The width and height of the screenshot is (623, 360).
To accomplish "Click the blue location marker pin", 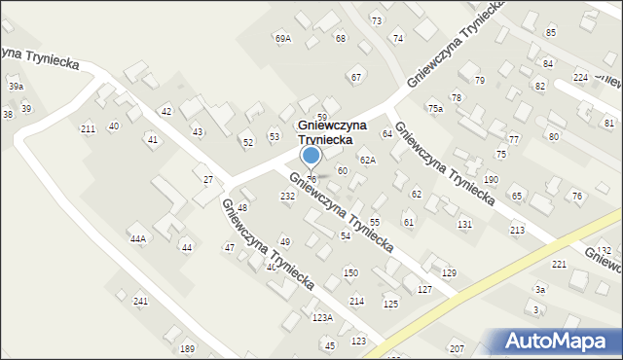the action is click(x=311, y=156).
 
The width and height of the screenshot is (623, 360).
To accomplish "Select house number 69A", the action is click(x=283, y=38).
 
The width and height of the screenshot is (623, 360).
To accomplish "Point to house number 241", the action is click(x=140, y=302).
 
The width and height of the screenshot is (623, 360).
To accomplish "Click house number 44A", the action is click(x=138, y=238).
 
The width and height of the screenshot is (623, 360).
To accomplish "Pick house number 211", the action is click(x=88, y=129).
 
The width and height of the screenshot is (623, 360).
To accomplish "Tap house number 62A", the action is click(x=367, y=160).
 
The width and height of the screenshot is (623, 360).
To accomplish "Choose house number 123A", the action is click(x=322, y=318).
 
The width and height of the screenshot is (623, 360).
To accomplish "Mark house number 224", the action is click(x=580, y=77).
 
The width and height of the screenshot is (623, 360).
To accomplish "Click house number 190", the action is click(x=491, y=180).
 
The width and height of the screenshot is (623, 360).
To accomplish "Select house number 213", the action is click(x=516, y=230).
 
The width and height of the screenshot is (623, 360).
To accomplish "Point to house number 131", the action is click(x=465, y=225).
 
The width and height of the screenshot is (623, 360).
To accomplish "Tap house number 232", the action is click(x=288, y=197).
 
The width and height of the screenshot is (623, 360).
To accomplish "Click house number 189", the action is click(x=187, y=349).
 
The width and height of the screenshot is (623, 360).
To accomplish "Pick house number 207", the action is click(x=457, y=348).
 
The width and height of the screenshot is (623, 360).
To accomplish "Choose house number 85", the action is click(x=551, y=33).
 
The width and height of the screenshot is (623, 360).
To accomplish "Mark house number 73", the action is click(x=377, y=20).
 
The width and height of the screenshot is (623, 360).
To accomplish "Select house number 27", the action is click(x=207, y=180).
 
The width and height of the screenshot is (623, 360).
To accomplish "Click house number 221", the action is click(x=559, y=265).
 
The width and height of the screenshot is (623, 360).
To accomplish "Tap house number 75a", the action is click(x=435, y=109).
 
